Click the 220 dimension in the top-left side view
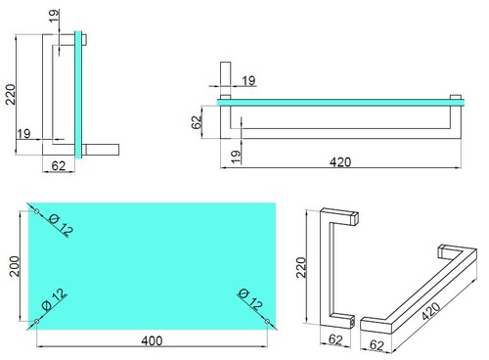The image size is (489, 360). [x=11, y=94]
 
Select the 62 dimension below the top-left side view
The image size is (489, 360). [x=59, y=166]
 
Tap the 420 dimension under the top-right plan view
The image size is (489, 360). [x=340, y=161]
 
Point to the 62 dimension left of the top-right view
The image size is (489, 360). [x=197, y=122]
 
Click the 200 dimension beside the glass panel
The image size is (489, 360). [x=15, y=266]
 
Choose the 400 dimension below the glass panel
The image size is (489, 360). [x=152, y=340]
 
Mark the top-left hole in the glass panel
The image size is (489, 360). [x=37, y=211]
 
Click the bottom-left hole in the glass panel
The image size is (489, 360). [x=37, y=322]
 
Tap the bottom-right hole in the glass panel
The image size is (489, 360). [x=267, y=322]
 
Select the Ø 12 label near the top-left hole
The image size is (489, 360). [x=61, y=225]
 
